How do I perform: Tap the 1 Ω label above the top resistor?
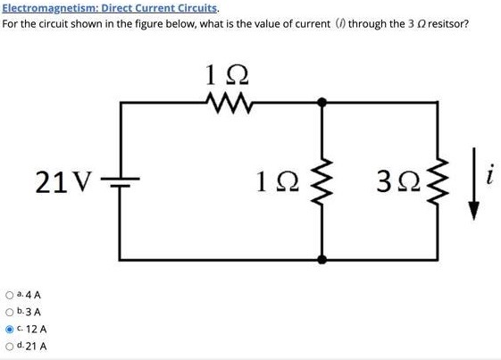coord(221,75)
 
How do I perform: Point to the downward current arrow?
coord(474,190)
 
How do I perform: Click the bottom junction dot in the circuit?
coord(322,261)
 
